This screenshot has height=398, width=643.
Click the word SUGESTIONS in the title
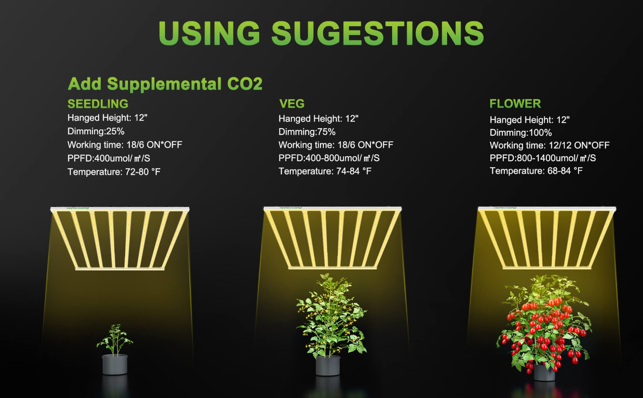(x=378, y=33)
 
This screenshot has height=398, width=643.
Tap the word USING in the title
(x=209, y=33)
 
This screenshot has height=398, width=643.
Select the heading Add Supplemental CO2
(x=165, y=84)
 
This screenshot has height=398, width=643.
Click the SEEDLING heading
(x=98, y=104)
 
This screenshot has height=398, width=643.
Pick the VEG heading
(x=292, y=104)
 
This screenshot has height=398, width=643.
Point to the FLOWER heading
(x=515, y=104)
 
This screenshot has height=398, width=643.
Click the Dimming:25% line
(x=96, y=131)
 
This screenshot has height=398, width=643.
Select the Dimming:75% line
(x=307, y=132)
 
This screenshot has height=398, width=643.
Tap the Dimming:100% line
(x=521, y=133)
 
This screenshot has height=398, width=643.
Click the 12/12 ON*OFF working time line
(x=550, y=145)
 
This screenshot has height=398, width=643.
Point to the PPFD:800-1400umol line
(x=543, y=158)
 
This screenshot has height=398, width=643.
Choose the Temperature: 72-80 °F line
(x=114, y=172)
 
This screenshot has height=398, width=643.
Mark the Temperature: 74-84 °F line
(x=325, y=171)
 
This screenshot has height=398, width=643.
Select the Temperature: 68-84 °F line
(x=536, y=171)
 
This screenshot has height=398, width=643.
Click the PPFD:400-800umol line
(x=329, y=158)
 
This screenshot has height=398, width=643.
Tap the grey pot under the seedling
(x=115, y=364)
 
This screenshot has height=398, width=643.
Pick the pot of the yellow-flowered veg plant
(x=328, y=365)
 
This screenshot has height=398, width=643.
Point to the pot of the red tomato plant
(x=544, y=372)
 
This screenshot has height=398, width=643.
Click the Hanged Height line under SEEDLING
(x=108, y=118)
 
